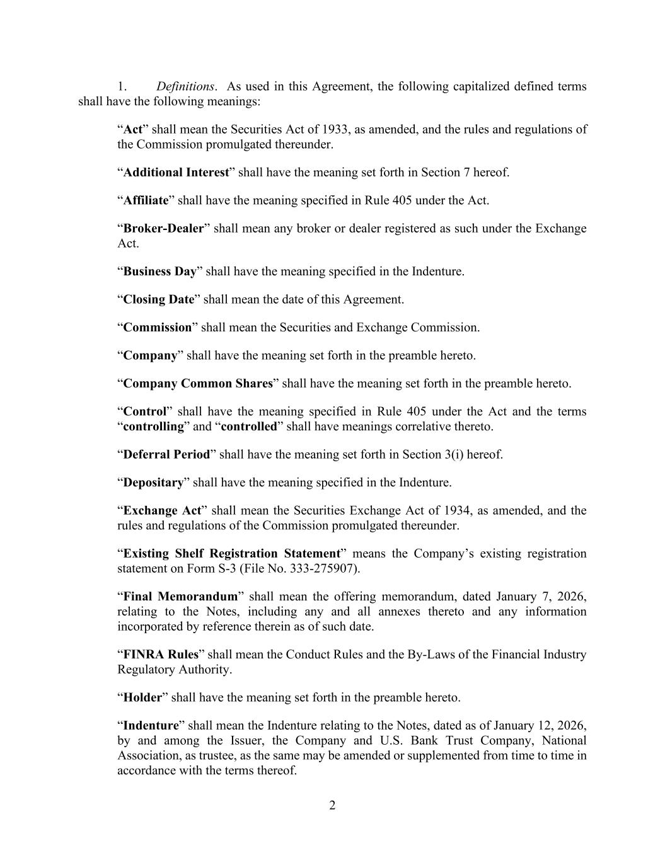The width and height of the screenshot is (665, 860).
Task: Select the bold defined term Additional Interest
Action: pos(176,172)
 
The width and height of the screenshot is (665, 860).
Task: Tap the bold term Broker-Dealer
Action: pos(163,228)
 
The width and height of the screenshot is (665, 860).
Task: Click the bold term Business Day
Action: pos(159,272)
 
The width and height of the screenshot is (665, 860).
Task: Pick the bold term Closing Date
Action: pos(158,299)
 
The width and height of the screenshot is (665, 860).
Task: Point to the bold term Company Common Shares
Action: pos(198,383)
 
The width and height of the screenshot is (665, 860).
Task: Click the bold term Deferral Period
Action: pos(166,454)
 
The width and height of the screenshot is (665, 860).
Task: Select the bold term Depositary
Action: pos(153,483)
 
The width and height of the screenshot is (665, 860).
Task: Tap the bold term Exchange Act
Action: pos(162,510)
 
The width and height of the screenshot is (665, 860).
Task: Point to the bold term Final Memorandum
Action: pos(180,596)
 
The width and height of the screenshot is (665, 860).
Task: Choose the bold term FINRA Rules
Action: pos(161,655)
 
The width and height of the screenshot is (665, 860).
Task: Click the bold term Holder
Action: pos(142,697)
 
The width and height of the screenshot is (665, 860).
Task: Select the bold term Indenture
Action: pos(151,725)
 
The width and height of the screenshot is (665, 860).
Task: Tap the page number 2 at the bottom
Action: pos(332,805)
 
